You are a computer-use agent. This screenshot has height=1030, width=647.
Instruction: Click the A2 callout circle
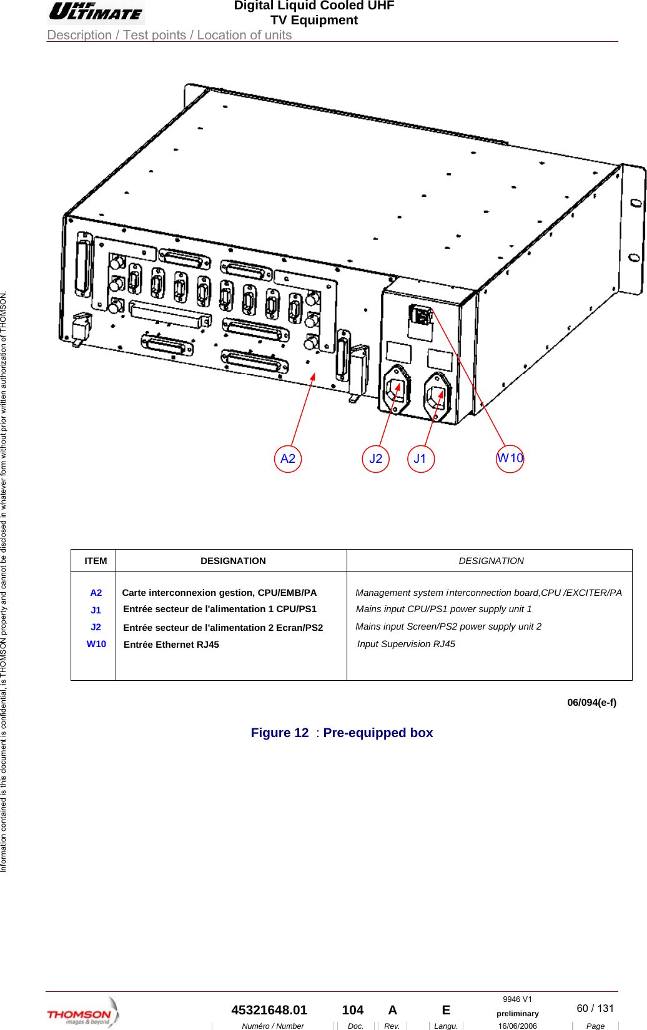coord(288,459)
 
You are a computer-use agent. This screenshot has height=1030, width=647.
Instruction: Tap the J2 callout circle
coord(376,459)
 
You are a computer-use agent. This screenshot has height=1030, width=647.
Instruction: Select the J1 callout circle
coord(421,459)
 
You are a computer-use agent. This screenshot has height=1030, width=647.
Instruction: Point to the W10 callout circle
coord(510,458)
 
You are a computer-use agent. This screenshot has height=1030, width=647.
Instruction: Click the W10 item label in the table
coord(96,644)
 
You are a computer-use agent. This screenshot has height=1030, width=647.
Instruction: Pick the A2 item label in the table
coord(96,593)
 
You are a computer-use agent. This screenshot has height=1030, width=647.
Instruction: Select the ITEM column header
coord(96,561)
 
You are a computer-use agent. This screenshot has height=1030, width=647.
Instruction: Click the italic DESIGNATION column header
coord(491,561)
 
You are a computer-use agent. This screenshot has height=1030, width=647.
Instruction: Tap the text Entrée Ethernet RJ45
coord(171,645)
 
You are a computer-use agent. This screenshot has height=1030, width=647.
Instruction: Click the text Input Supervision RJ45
coord(406,644)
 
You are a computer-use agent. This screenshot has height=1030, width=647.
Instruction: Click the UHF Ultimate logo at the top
coord(96,12)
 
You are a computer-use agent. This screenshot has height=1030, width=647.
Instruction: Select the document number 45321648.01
coord(269,1010)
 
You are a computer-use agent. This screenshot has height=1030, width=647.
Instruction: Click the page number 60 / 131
coord(595,1008)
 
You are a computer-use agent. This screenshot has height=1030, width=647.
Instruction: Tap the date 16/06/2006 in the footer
coord(517,1026)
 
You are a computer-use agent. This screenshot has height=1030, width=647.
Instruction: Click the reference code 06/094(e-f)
coord(591,702)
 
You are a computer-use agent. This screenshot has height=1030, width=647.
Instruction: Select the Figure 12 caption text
coord(342,733)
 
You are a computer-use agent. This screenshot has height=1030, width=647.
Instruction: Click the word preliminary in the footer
coord(517,1014)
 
